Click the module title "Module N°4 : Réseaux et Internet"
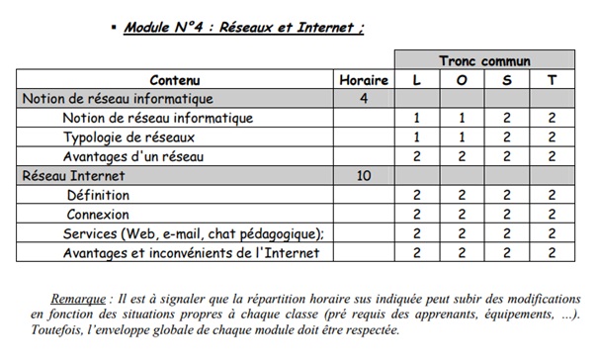coord(243,27)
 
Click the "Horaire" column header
coord(364,80)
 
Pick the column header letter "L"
coord(417,80)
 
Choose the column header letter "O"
coord(462,80)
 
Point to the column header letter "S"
coord(507,80)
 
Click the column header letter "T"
coord(552,80)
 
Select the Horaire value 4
coord(364,99)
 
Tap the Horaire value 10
coord(364,175)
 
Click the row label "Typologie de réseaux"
coord(129,136)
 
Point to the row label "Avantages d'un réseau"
coord(133,156)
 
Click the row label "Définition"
coord(98,195)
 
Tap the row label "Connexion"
coord(97,214)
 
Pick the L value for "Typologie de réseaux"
coord(417,136)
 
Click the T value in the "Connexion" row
coord(552,214)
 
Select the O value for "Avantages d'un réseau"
coord(462,156)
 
